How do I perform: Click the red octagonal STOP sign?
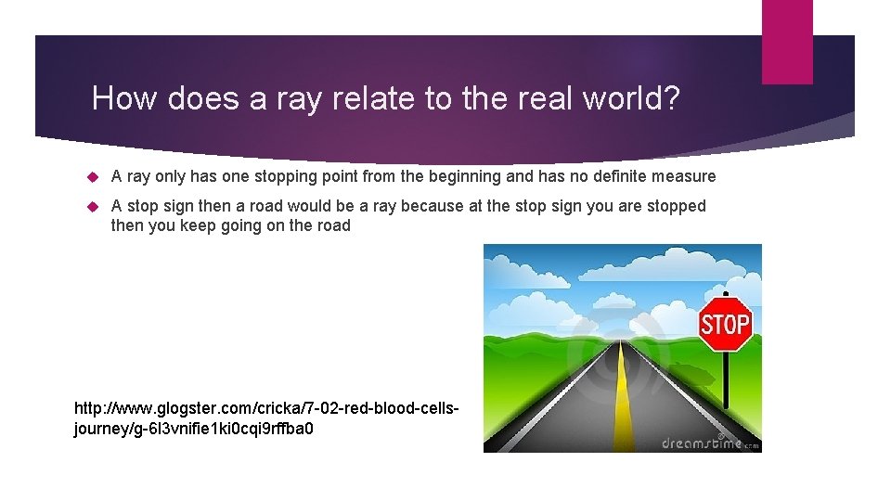click(725, 324)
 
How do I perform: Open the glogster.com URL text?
click(266, 417)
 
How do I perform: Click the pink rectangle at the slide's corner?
click(787, 41)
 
